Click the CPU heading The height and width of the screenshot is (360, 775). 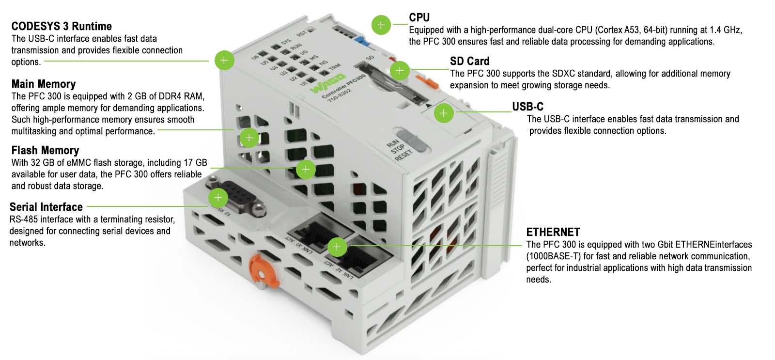click(419, 17)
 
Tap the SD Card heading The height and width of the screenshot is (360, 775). click(469, 61)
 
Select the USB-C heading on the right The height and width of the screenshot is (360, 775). click(527, 107)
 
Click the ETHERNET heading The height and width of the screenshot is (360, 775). click(553, 232)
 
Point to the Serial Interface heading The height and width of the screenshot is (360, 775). click(46, 207)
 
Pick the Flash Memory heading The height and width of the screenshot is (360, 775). click(45, 150)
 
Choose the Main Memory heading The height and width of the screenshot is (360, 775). click(44, 84)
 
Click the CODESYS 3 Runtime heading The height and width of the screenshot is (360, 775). click(62, 26)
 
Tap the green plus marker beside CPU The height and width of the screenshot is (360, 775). click(381, 24)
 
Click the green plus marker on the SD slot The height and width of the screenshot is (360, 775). click(400, 71)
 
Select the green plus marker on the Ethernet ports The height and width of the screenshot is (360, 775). click(337, 247)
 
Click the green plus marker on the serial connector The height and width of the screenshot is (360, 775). click(218, 198)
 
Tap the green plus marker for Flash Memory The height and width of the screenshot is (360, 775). click(306, 169)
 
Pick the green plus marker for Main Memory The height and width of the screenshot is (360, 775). click(249, 138)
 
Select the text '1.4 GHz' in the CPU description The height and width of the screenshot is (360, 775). click(725, 30)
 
